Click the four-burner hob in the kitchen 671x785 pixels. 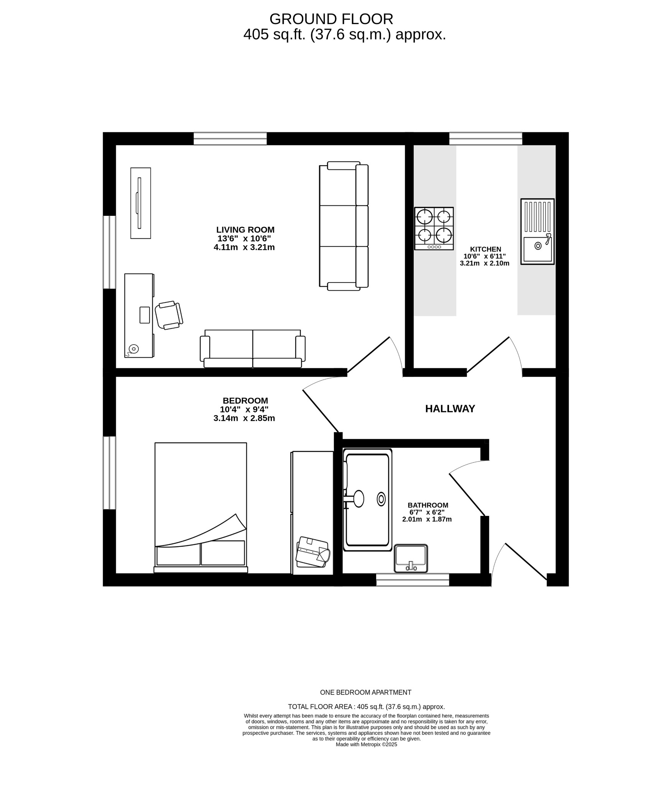click(434, 228)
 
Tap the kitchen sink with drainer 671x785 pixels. click(537, 232)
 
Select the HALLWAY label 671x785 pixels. click(450, 409)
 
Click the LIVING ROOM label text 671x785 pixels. click(245, 230)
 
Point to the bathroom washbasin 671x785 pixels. click(411, 558)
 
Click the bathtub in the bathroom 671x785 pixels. click(367, 500)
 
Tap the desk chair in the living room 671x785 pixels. click(169, 315)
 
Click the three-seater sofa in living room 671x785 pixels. click(344, 226)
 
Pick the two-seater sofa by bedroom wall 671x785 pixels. click(252, 348)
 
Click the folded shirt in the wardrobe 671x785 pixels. click(313, 552)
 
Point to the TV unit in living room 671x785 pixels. click(140, 203)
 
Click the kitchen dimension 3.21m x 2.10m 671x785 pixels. click(484, 263)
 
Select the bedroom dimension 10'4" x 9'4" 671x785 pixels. click(244, 409)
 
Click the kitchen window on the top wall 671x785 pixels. click(485, 138)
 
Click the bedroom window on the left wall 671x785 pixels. click(109, 473)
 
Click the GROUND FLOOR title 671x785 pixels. click(331, 19)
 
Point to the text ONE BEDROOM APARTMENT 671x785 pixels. click(365, 692)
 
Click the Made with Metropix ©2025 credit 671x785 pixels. click(366, 744)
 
